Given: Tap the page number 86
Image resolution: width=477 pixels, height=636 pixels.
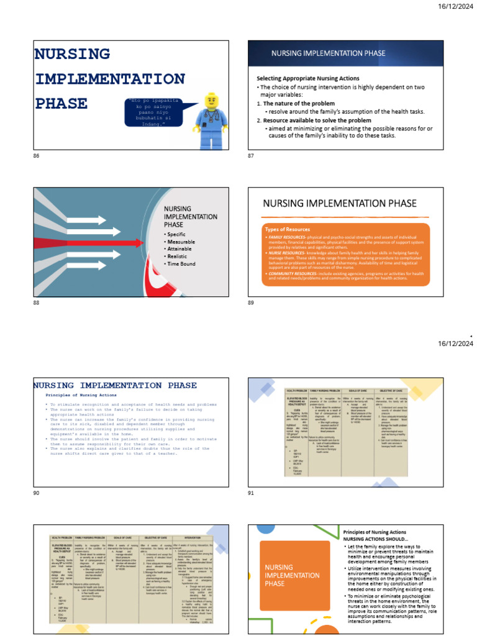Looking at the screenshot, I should coord(35,155).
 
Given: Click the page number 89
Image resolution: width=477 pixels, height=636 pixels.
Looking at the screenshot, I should coord(250,302).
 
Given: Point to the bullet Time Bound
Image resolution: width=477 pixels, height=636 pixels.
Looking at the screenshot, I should coord(181,264).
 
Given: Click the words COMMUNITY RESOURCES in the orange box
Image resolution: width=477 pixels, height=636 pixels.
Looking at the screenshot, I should coord(292,273).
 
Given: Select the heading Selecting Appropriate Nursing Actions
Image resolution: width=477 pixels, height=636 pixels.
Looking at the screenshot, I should coord(308,78).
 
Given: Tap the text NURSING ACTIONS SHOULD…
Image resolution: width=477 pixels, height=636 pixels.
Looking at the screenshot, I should coord(373,540).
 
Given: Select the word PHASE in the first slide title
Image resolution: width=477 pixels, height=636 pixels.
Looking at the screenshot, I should coord(61,102).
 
